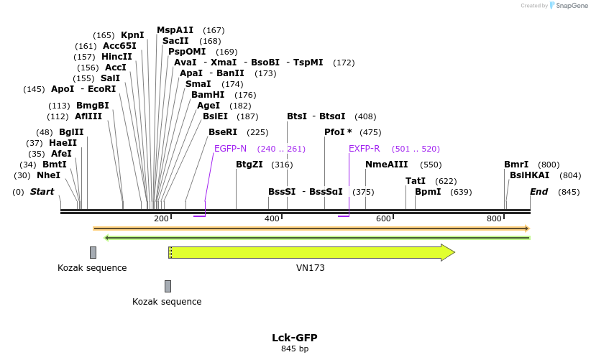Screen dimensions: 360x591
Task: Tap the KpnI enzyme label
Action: (x=132, y=35)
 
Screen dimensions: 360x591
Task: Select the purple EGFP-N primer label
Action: (x=230, y=149)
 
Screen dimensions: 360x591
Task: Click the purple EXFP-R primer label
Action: (x=364, y=149)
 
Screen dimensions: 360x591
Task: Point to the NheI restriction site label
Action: (x=48, y=175)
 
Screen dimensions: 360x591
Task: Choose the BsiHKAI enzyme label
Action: (x=529, y=175)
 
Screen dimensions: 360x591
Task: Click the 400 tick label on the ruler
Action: (x=272, y=218)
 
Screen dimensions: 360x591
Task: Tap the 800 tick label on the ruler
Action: (x=494, y=218)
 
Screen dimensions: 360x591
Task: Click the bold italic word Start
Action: (x=42, y=192)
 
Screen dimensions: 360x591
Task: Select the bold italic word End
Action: (x=539, y=192)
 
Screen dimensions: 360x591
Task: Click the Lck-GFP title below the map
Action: (x=294, y=338)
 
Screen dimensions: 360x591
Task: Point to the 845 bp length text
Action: (x=294, y=349)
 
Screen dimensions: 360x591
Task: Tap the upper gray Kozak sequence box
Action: (x=93, y=252)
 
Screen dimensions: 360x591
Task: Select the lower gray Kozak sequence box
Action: (x=168, y=286)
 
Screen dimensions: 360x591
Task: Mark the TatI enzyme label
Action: (x=416, y=181)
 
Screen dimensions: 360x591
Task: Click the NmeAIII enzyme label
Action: (x=386, y=165)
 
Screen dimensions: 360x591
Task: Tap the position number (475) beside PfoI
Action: (x=370, y=132)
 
